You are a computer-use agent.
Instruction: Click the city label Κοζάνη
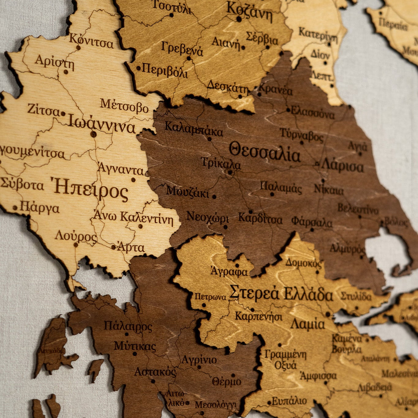click(249, 11)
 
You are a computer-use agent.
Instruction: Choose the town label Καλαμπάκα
click(194, 129)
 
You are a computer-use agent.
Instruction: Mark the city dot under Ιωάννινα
click(93, 134)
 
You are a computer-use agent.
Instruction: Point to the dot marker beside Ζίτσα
click(63, 114)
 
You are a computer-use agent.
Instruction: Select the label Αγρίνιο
click(199, 359)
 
